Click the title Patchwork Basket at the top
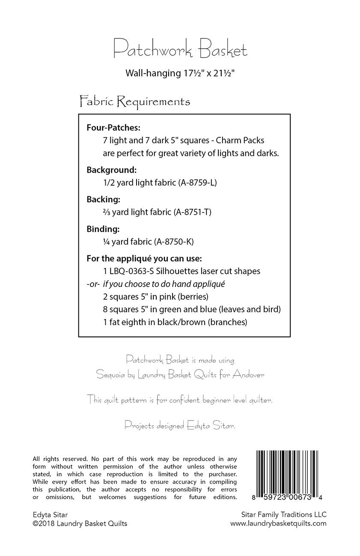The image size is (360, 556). click(180, 50)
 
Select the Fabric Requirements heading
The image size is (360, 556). click(135, 102)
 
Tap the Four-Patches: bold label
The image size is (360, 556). click(113, 127)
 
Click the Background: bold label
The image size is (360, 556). click(111, 170)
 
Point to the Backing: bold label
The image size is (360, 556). click(104, 199)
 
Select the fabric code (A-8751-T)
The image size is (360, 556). click(193, 212)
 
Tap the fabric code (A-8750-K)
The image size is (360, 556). click(176, 241)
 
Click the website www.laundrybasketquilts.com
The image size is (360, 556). click(278, 523)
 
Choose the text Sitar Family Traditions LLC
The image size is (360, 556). click(284, 515)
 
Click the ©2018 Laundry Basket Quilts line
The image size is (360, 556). click(80, 523)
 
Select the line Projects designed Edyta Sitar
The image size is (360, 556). click(180, 414)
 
